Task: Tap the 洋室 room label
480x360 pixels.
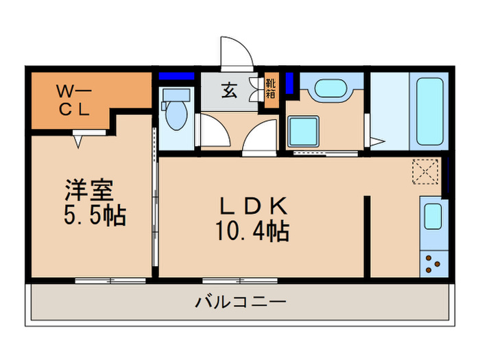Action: tap(89, 189)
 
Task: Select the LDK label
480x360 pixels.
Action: tap(250, 205)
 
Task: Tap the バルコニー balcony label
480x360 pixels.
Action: tap(239, 301)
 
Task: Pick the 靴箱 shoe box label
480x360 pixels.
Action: tap(271, 91)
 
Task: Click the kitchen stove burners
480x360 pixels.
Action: tap(433, 263)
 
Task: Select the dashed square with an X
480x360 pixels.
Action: tap(427, 171)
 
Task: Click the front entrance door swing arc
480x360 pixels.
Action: tap(235, 51)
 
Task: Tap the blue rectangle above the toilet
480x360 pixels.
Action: tap(177, 76)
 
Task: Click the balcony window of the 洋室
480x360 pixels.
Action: tap(110, 280)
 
